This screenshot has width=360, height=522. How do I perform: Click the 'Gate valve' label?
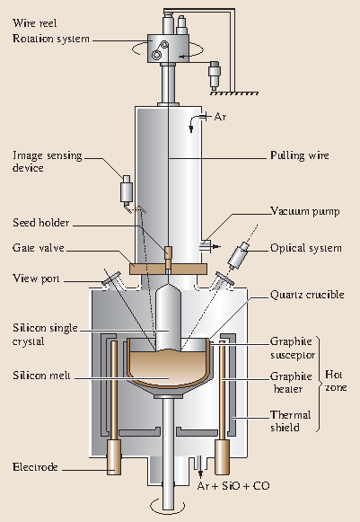pos(36,246)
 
